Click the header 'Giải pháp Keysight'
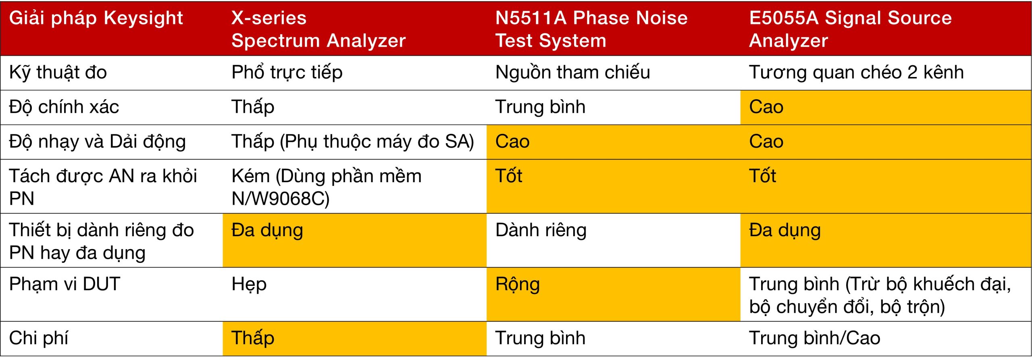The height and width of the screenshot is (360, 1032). tap(96, 19)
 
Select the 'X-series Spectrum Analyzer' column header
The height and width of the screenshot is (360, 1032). tap(318, 29)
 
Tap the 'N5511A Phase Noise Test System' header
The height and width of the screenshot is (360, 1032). tap(591, 29)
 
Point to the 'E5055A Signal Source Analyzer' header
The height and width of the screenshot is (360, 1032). tap(851, 29)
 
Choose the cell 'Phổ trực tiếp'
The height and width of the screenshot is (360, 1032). tap(287, 73)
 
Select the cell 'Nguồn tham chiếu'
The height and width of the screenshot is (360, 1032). tap(573, 73)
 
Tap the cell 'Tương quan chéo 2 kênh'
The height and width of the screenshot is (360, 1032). tap(857, 73)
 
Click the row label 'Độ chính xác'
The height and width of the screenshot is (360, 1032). tap(64, 107)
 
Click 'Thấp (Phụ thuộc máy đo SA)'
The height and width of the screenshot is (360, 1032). tap(353, 142)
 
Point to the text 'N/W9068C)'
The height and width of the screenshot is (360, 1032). tap(281, 199)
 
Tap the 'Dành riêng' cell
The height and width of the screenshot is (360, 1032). tap(541, 231)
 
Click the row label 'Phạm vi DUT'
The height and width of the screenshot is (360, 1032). tap(64, 284)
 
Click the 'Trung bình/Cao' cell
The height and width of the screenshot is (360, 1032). tap(815, 338)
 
